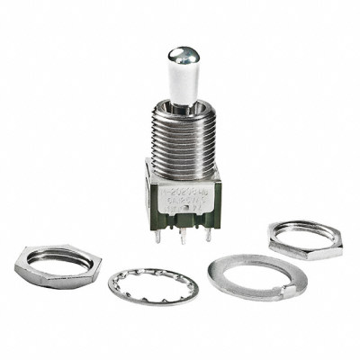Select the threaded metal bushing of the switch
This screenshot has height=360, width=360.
[x=180, y=144]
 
